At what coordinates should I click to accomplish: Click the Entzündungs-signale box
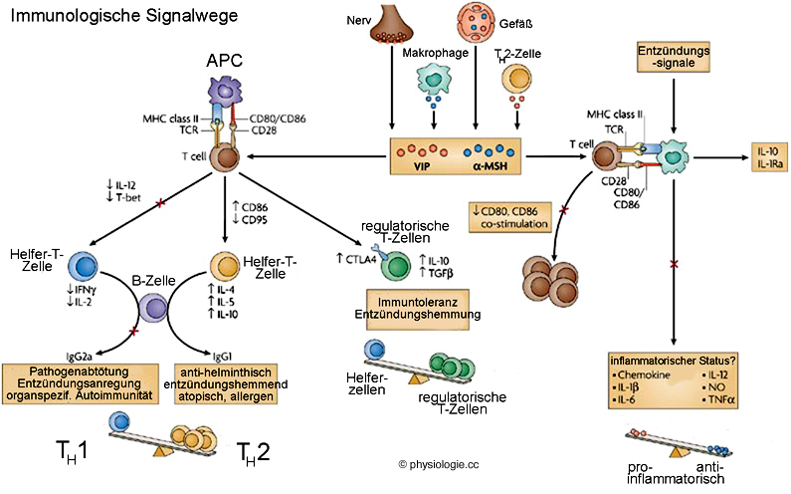675,56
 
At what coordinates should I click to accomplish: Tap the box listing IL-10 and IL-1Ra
769,156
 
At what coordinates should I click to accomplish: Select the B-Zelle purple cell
152,313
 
